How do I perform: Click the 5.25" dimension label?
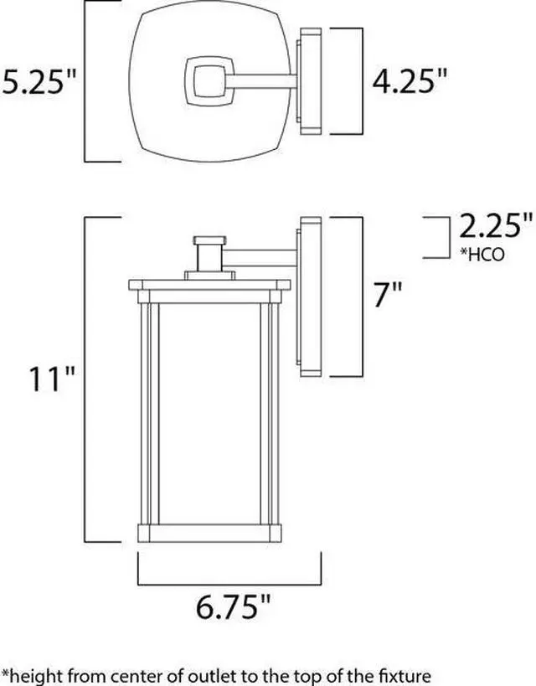pos(39,81)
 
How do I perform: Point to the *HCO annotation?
pos(482,254)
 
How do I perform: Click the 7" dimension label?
pos(388,295)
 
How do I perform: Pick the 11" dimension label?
pos(52,379)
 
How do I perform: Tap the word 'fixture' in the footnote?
pos(405,675)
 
